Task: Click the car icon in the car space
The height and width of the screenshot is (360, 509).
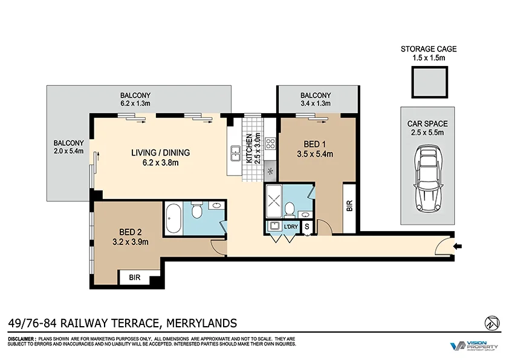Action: pos(429,178)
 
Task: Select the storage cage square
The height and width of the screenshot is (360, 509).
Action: pos(430,82)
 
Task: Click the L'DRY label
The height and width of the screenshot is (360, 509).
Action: pos(291,227)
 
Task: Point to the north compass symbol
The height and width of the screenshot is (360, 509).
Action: pos(490,322)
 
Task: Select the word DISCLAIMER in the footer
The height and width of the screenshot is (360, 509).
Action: pos(22,339)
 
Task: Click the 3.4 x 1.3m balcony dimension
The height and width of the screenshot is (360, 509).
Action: pos(316,104)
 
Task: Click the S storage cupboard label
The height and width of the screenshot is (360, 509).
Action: pos(307,227)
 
